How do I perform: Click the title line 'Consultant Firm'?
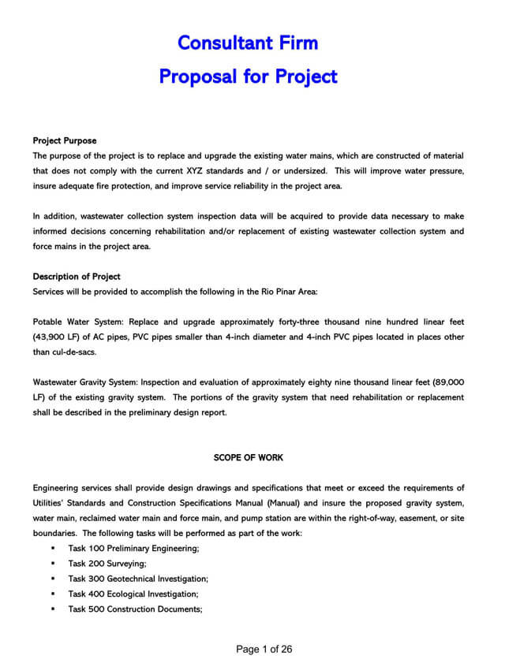point(248,42)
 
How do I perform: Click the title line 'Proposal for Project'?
point(248,76)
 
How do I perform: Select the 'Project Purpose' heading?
point(65,141)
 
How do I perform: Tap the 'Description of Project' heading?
point(77,277)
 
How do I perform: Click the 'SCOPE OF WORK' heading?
point(249,457)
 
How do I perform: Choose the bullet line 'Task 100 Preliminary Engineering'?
point(133,549)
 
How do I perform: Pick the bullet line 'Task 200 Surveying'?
point(107,564)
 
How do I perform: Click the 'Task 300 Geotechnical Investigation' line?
point(138,579)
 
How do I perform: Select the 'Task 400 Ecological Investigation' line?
point(133,594)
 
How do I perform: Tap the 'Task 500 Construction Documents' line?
point(135,609)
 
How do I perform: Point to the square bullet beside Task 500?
point(53,609)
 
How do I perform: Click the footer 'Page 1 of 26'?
point(264,650)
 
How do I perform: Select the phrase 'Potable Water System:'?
point(78,322)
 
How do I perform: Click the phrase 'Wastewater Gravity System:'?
point(90,382)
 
